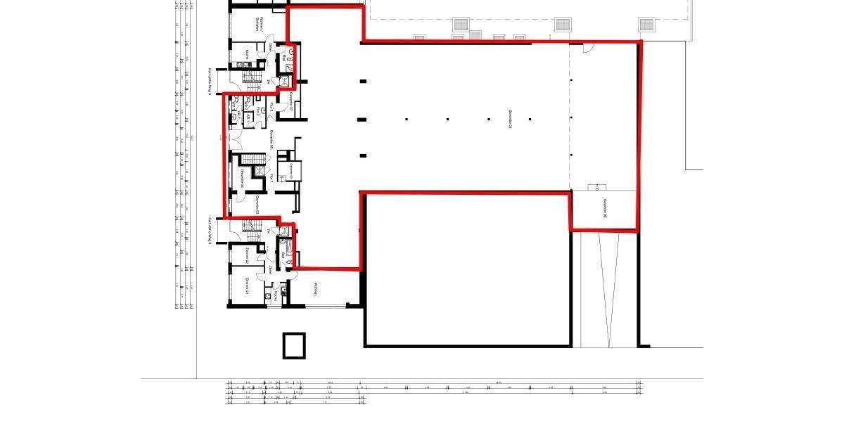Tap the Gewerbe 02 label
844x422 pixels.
point(604,209)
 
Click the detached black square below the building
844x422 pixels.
point(295,345)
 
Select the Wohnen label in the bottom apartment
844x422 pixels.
point(316,288)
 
